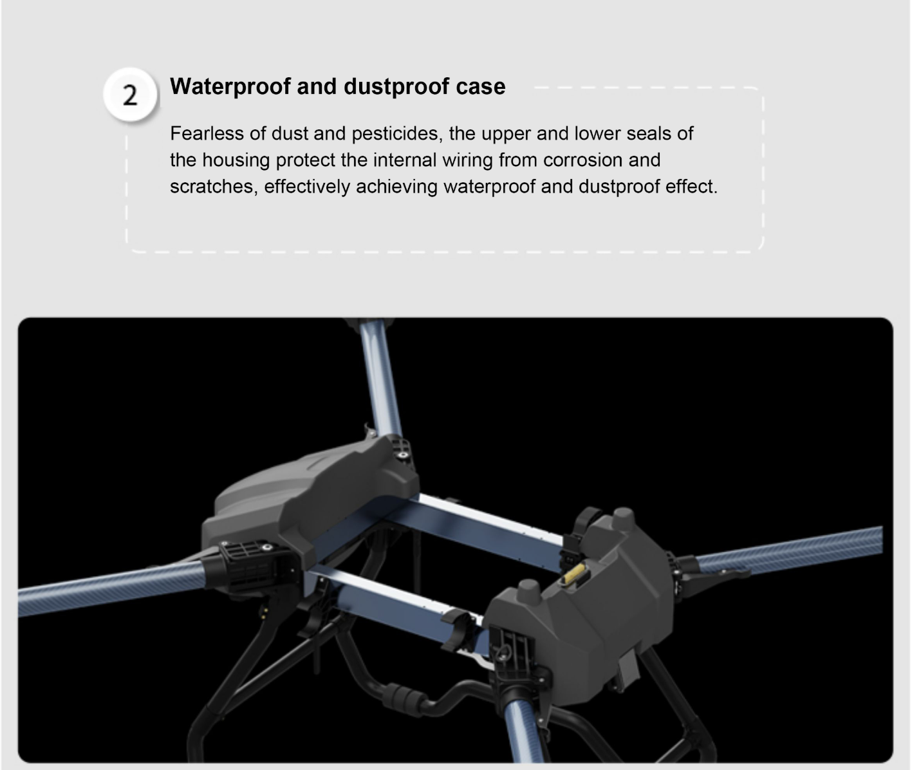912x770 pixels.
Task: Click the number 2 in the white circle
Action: click(x=130, y=95)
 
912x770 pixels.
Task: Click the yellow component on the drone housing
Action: click(x=573, y=574)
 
